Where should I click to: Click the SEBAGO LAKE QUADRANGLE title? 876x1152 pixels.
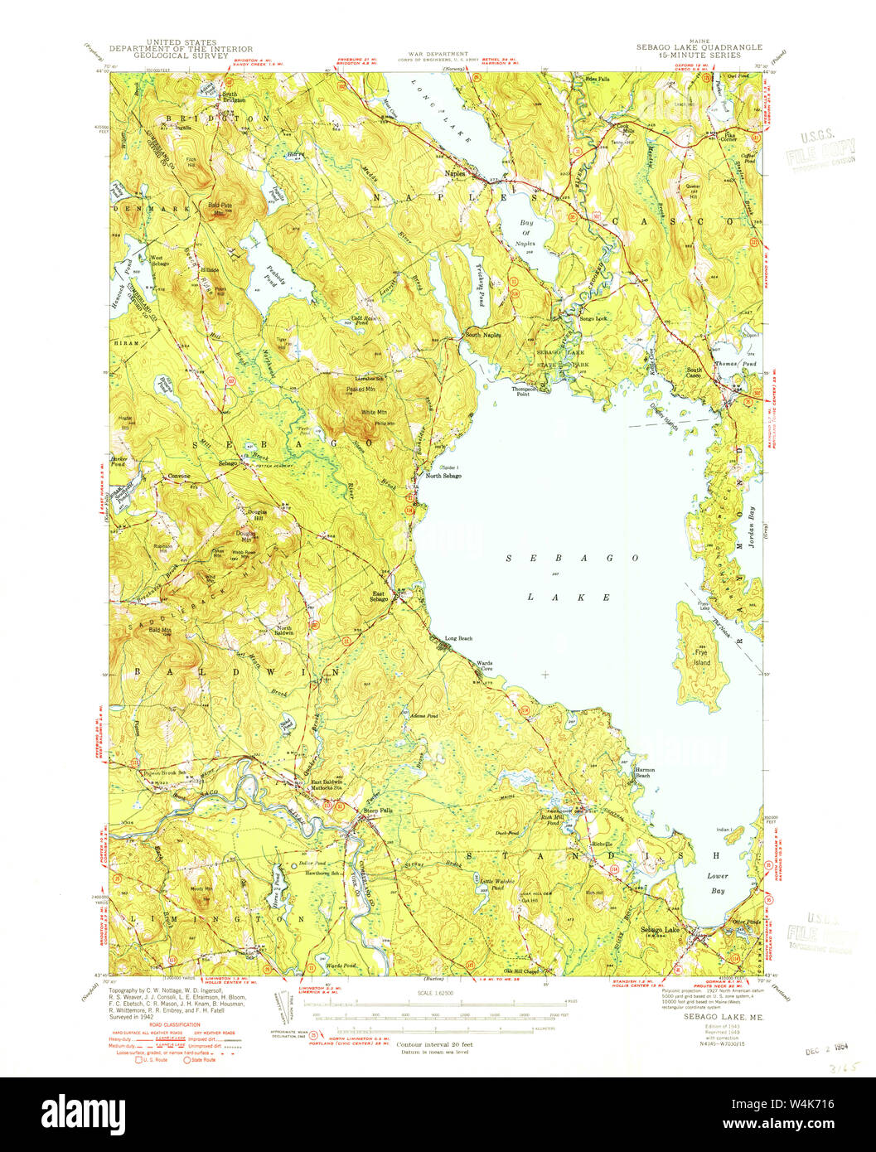click(x=699, y=48)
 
